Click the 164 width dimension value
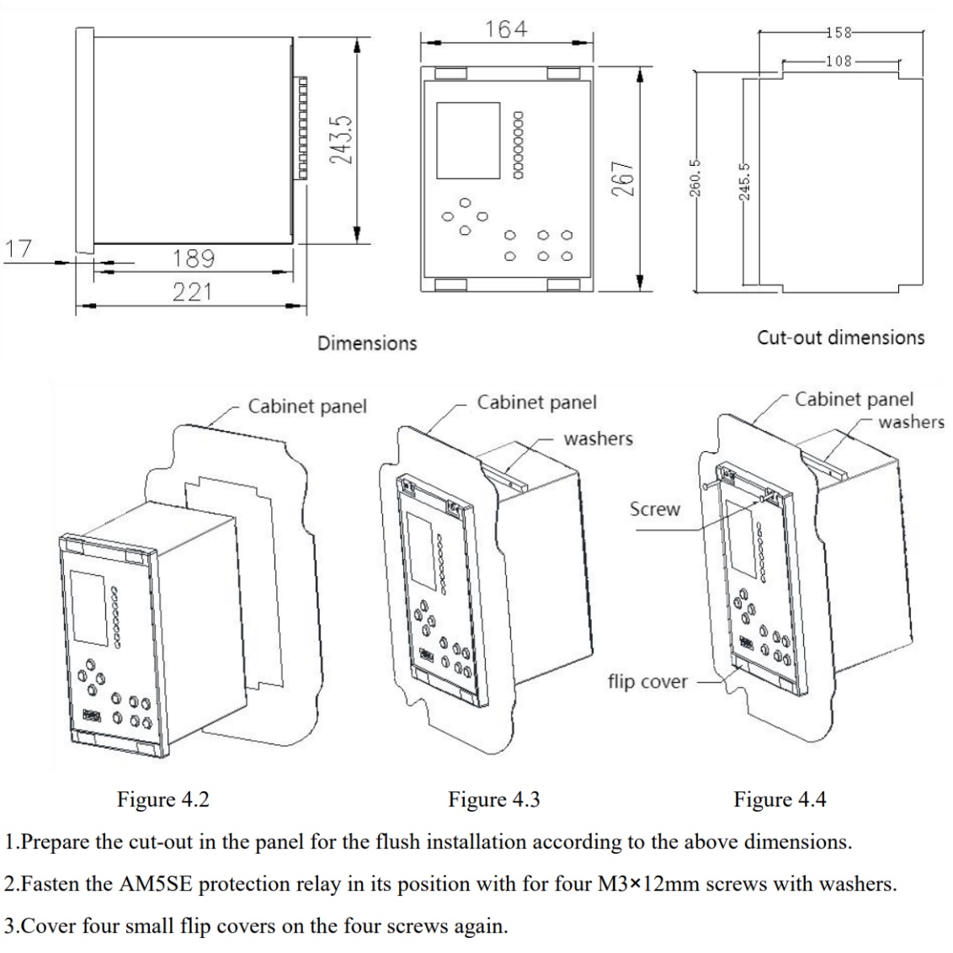coord(507,29)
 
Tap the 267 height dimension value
coord(622,178)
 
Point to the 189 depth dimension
coord(193,258)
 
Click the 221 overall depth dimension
coord(193,292)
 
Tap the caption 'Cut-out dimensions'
coord(840,338)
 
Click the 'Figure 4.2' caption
coord(162,799)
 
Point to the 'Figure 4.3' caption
coord(493,799)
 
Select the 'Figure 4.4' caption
coord(780,799)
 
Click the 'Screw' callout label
coord(655,509)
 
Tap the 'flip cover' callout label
coord(647,680)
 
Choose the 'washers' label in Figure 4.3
coord(598,439)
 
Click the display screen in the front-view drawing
coord(468,140)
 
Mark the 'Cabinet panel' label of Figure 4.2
coord(307,407)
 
